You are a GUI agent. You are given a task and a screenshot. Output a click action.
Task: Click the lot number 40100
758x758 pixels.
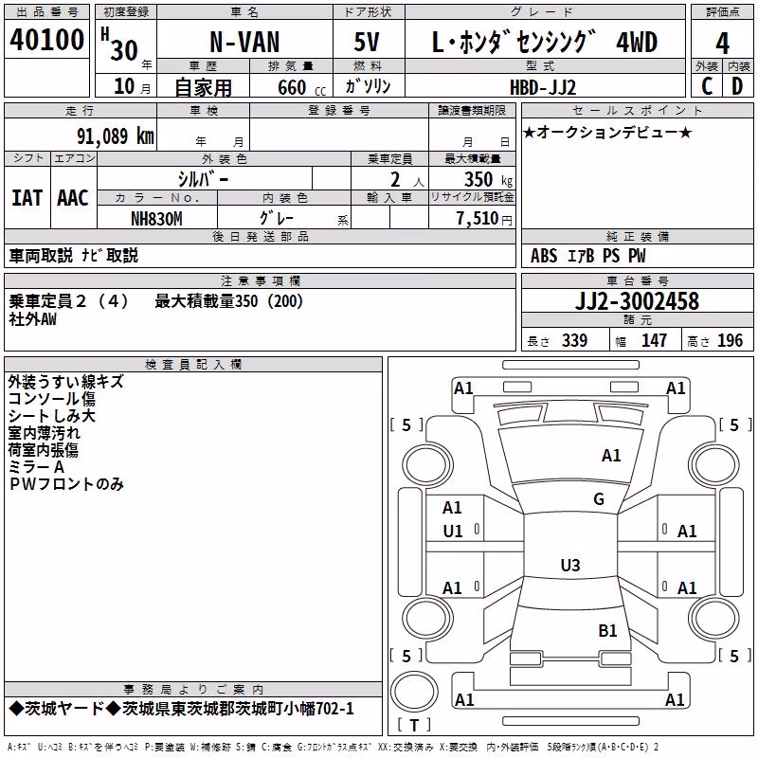(x=46, y=39)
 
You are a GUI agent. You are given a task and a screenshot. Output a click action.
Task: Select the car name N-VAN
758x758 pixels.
(x=244, y=42)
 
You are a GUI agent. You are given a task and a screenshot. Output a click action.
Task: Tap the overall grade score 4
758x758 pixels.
(x=722, y=43)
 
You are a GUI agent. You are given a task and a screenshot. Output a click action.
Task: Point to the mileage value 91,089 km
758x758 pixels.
(x=115, y=136)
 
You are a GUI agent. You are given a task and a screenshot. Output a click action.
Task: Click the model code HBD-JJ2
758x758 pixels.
(x=543, y=87)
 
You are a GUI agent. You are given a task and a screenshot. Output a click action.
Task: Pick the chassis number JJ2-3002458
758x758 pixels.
(x=637, y=301)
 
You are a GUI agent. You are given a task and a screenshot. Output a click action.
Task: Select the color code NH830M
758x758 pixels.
(x=156, y=219)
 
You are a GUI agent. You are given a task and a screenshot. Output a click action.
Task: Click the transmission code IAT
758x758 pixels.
(x=27, y=198)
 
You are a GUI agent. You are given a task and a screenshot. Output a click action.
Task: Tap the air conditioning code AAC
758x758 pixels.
(x=73, y=198)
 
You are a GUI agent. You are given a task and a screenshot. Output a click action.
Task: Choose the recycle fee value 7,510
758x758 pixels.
(x=478, y=219)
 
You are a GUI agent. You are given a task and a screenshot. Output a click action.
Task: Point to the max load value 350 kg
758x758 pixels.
(x=488, y=179)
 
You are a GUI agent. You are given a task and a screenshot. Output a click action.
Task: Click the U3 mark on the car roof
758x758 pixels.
(x=570, y=565)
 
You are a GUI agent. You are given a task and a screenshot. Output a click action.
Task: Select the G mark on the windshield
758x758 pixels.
(x=599, y=499)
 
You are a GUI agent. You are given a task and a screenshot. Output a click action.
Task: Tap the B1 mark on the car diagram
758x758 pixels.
(x=607, y=631)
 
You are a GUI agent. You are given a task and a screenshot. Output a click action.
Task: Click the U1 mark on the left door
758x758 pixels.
(x=453, y=532)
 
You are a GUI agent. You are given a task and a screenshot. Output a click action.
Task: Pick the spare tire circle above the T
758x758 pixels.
(x=414, y=691)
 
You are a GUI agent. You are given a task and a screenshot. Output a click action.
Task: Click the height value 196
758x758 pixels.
(x=730, y=341)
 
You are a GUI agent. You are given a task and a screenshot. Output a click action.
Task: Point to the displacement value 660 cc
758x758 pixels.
(x=302, y=88)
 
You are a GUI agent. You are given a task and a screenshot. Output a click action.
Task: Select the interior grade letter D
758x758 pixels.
(x=737, y=86)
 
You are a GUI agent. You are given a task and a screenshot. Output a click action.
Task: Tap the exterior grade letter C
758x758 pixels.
(x=707, y=86)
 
